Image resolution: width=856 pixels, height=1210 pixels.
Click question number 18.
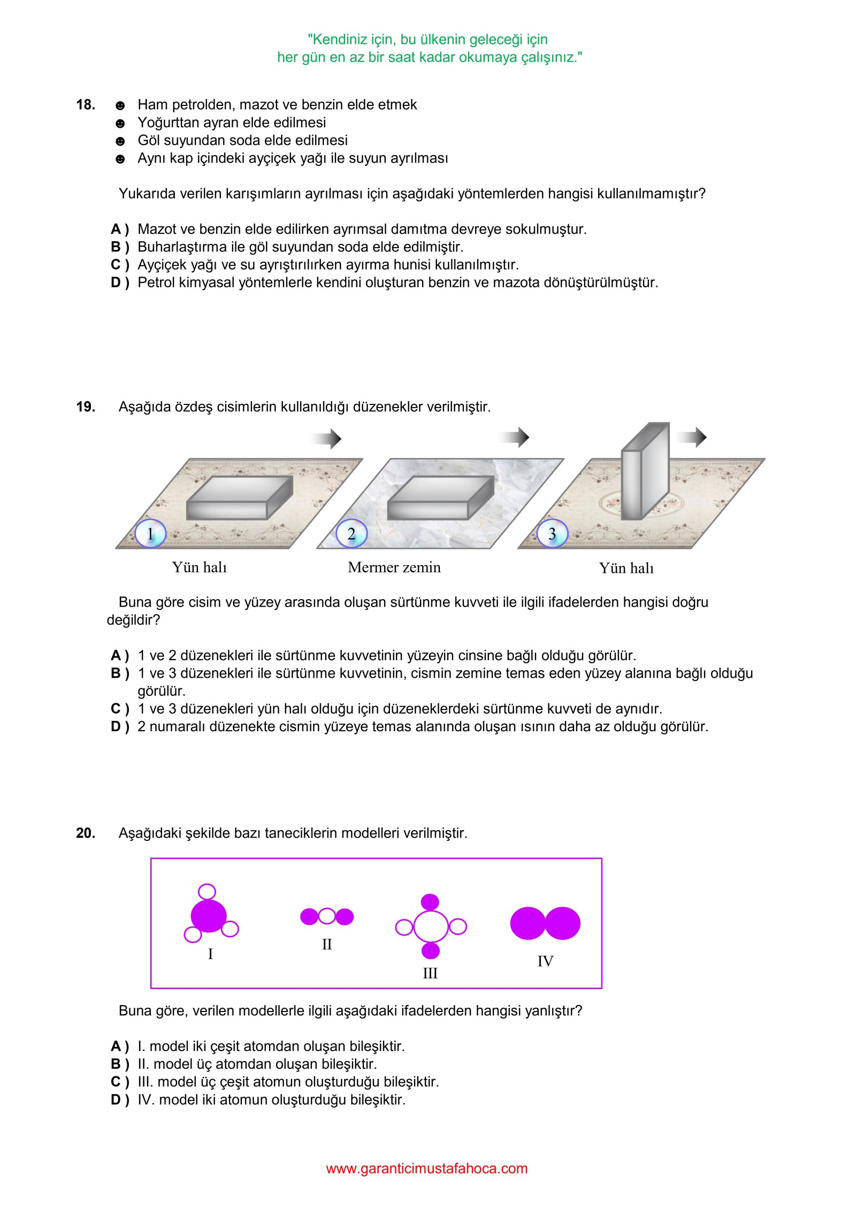86,105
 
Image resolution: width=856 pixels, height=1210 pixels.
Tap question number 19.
86,407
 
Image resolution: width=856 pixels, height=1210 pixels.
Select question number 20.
86,833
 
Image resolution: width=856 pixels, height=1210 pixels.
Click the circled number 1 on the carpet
150,533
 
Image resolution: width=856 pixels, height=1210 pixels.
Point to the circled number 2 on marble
351,533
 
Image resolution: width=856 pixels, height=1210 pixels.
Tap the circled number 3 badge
552,533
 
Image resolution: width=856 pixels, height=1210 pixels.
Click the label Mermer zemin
394,567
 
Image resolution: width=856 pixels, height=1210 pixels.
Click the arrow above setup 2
515,437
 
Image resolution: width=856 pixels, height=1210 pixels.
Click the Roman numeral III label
430,973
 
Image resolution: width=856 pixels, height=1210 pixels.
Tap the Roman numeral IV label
545,961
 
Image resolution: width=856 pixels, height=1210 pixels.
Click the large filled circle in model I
209,916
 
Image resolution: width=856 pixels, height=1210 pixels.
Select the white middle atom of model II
327,916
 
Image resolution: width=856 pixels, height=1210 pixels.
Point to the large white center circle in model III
431,926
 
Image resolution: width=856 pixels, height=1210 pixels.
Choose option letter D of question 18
119,282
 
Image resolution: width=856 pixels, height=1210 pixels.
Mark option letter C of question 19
119,709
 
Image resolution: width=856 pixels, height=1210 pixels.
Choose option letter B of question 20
119,1064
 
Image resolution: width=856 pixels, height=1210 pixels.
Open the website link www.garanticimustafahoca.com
427,1169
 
